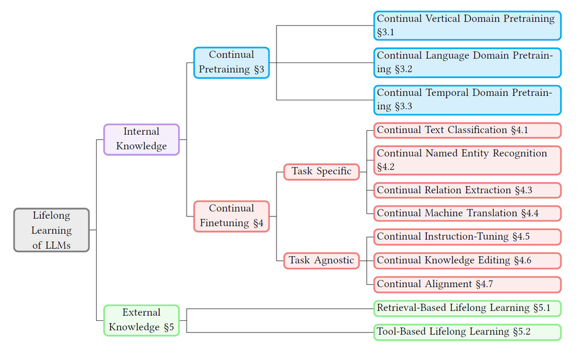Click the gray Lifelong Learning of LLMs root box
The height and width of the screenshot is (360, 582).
pyautogui.click(x=51, y=230)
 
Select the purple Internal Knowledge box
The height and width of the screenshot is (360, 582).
pyautogui.click(x=141, y=139)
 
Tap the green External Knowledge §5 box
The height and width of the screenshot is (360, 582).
pyautogui.click(x=141, y=320)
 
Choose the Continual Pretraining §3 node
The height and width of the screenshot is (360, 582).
pyautogui.click(x=231, y=62)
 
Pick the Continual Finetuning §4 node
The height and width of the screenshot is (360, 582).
pyautogui.click(x=231, y=216)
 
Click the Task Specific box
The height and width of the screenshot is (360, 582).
pyautogui.click(x=321, y=172)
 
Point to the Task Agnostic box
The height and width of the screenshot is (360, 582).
pyautogui.click(x=321, y=260)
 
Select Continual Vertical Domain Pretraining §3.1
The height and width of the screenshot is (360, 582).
pyautogui.click(x=467, y=26)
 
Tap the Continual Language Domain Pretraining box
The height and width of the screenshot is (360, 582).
pyautogui.click(x=467, y=62)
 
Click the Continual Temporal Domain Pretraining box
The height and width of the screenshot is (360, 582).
pyautogui.click(x=467, y=100)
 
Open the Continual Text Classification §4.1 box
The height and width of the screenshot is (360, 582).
pyautogui.click(x=467, y=130)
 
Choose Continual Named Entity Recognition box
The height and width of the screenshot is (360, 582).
pyautogui.click(x=467, y=160)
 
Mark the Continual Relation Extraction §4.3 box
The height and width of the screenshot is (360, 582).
pyautogui.click(x=467, y=190)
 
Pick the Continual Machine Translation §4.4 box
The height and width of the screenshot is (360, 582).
pyautogui.click(x=467, y=213)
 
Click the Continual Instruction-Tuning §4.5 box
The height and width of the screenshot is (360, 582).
pyautogui.click(x=467, y=237)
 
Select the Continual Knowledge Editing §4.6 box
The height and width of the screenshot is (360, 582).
pyautogui.click(x=467, y=260)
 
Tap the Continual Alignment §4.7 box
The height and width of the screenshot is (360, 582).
pyautogui.click(x=467, y=284)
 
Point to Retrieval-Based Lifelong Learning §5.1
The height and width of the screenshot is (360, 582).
pyautogui.click(x=467, y=308)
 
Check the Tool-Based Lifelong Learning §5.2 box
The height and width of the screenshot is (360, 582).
pyautogui.click(x=467, y=332)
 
